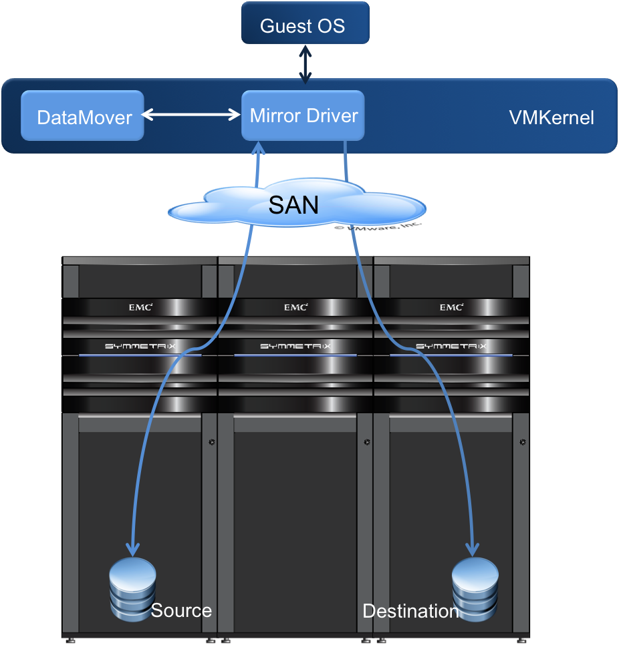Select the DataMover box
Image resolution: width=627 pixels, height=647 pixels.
point(82,116)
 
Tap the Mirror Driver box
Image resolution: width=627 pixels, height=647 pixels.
point(303,115)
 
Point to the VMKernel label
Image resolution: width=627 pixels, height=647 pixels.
point(551,118)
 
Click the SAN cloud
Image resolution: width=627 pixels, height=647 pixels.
point(294,204)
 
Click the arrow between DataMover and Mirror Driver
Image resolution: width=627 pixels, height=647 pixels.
point(192,116)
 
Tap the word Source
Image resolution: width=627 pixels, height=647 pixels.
point(181,610)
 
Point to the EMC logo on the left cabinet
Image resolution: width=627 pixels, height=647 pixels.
point(140,308)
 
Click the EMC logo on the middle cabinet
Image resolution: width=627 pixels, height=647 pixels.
point(295,308)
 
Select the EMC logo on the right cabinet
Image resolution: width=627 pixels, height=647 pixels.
point(451,308)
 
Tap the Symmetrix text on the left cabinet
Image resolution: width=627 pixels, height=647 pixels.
point(140,347)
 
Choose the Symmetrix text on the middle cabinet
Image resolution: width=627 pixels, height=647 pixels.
point(295,347)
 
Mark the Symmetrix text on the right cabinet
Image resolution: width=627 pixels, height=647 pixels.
point(451,347)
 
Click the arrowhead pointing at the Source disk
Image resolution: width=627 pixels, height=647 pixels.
point(133,549)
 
